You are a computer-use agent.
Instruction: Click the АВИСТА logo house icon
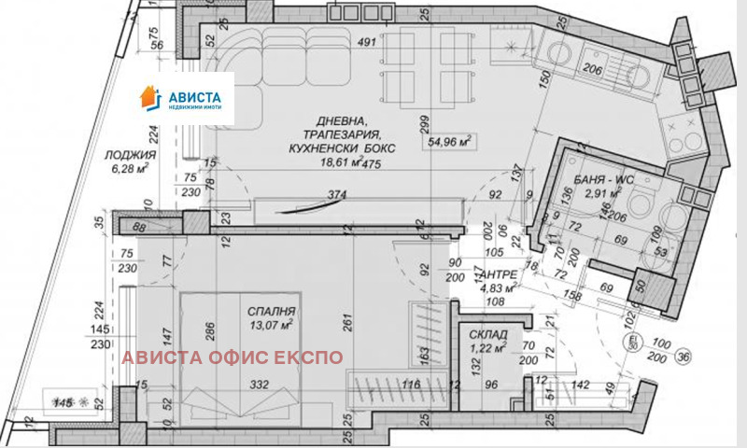point(149,96)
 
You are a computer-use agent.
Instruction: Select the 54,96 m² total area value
point(449,144)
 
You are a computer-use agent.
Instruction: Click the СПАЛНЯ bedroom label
point(272,312)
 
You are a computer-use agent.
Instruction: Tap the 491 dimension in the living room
point(367,41)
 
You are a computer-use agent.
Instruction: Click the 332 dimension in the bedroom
point(259,385)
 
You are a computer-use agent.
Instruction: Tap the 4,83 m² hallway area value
point(497,287)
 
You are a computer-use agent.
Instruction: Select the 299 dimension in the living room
point(424,129)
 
